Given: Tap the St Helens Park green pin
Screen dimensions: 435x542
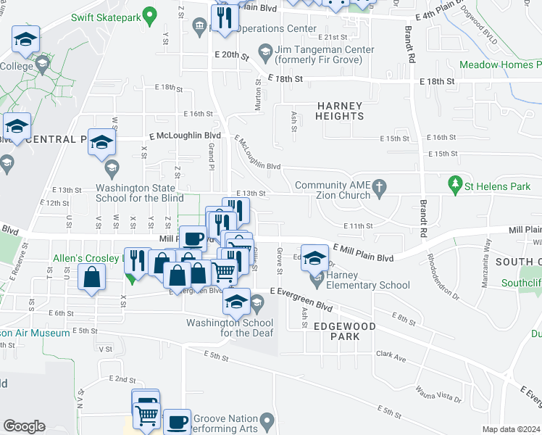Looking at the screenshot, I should click(x=455, y=186).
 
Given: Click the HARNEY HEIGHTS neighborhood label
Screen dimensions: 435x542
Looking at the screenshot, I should click(x=340, y=111).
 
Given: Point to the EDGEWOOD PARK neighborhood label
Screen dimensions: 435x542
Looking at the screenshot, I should click(x=345, y=331).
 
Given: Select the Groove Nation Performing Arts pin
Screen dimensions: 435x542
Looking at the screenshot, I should click(x=267, y=419).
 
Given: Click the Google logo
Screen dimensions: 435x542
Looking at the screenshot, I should click(x=24, y=426).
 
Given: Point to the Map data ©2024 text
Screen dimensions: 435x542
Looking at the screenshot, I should click(x=511, y=429).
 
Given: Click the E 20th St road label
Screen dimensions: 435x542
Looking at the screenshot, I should click(x=232, y=55).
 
